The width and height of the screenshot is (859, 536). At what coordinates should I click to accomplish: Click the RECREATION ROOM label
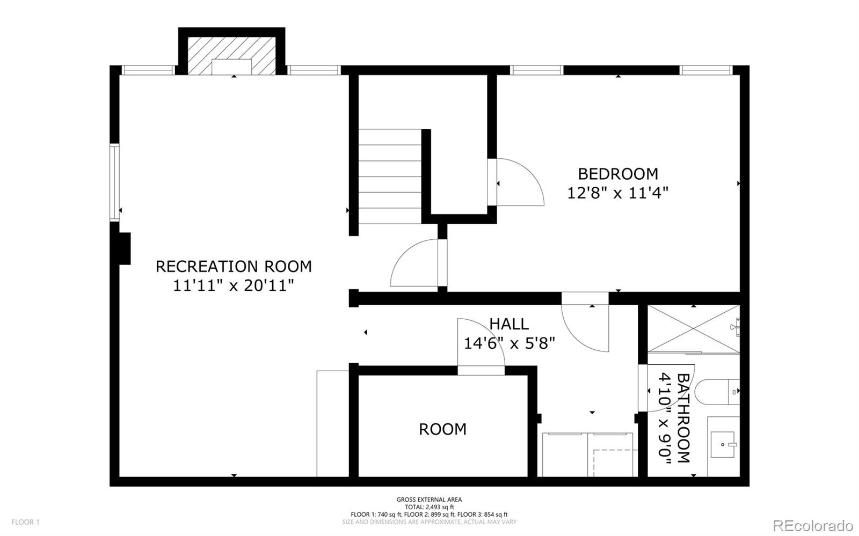coord(234,266)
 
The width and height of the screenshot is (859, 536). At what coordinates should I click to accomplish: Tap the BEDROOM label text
coord(618,174)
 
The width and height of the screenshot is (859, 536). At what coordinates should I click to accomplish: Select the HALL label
coord(509,324)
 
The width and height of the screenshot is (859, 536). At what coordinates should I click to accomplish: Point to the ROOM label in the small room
coord(442,429)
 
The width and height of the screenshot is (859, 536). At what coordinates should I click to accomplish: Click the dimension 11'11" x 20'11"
coord(234,285)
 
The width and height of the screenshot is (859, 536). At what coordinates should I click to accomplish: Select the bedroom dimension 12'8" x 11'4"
coord(618,193)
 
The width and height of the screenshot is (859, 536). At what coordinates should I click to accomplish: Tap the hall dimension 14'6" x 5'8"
coord(509,343)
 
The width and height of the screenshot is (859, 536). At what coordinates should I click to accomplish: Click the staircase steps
coord(390,177)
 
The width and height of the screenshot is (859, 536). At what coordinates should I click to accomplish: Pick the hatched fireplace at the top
coord(231,56)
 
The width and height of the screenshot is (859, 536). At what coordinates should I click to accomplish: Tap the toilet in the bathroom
coord(716,392)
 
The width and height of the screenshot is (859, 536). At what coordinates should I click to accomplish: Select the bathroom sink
coord(723,445)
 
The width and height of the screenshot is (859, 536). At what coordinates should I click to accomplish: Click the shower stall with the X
coord(693,328)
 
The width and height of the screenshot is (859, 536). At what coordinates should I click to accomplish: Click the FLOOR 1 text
coord(25,522)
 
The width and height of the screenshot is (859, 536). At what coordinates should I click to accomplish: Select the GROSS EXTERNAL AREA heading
coord(429,500)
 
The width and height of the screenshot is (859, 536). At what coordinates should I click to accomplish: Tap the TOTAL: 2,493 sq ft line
coord(429,507)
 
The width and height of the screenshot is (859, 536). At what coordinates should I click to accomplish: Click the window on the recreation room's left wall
coord(114,182)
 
